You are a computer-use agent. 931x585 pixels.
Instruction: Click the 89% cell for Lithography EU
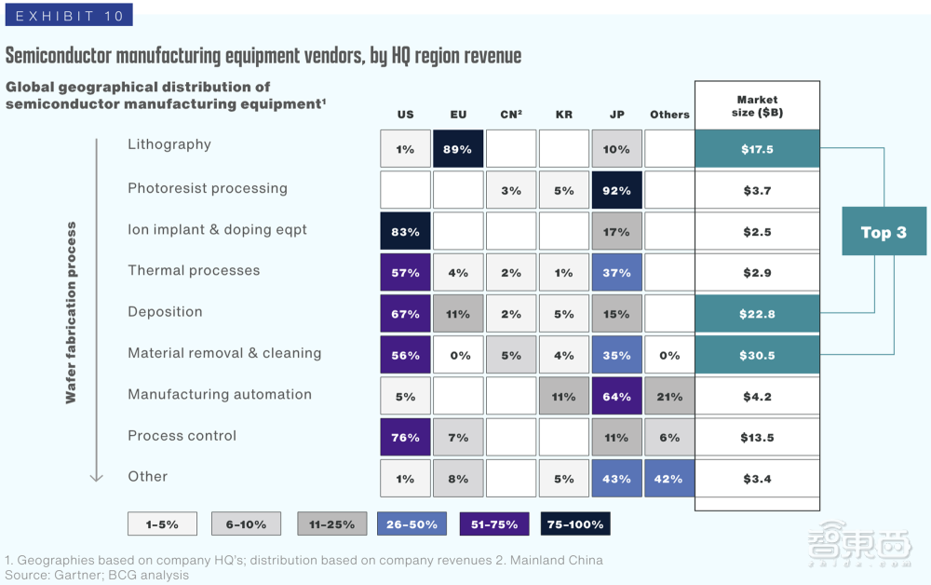[458, 149]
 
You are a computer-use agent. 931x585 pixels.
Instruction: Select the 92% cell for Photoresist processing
[616, 190]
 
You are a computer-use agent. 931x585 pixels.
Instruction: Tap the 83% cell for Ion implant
[405, 232]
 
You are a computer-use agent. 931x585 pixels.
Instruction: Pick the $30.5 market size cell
[757, 355]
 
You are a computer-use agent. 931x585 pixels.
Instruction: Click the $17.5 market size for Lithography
[757, 149]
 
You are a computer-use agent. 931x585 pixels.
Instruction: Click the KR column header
[564, 115]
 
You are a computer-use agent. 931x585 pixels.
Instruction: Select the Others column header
[669, 115]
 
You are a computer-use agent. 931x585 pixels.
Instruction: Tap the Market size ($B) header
[757, 106]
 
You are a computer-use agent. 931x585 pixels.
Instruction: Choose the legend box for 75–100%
[575, 524]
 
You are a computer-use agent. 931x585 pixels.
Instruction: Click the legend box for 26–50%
[412, 524]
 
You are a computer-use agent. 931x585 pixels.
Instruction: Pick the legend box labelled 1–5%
[162, 524]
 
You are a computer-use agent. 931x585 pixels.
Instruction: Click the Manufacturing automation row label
[220, 394]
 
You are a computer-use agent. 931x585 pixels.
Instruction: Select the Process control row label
[182, 436]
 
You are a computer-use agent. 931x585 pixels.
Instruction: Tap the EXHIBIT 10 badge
[67, 15]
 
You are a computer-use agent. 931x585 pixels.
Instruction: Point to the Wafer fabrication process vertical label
[72, 312]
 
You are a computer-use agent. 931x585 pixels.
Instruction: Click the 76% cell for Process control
[405, 438]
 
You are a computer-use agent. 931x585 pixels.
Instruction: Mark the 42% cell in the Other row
[669, 479]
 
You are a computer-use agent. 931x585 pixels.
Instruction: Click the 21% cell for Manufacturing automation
[669, 397]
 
